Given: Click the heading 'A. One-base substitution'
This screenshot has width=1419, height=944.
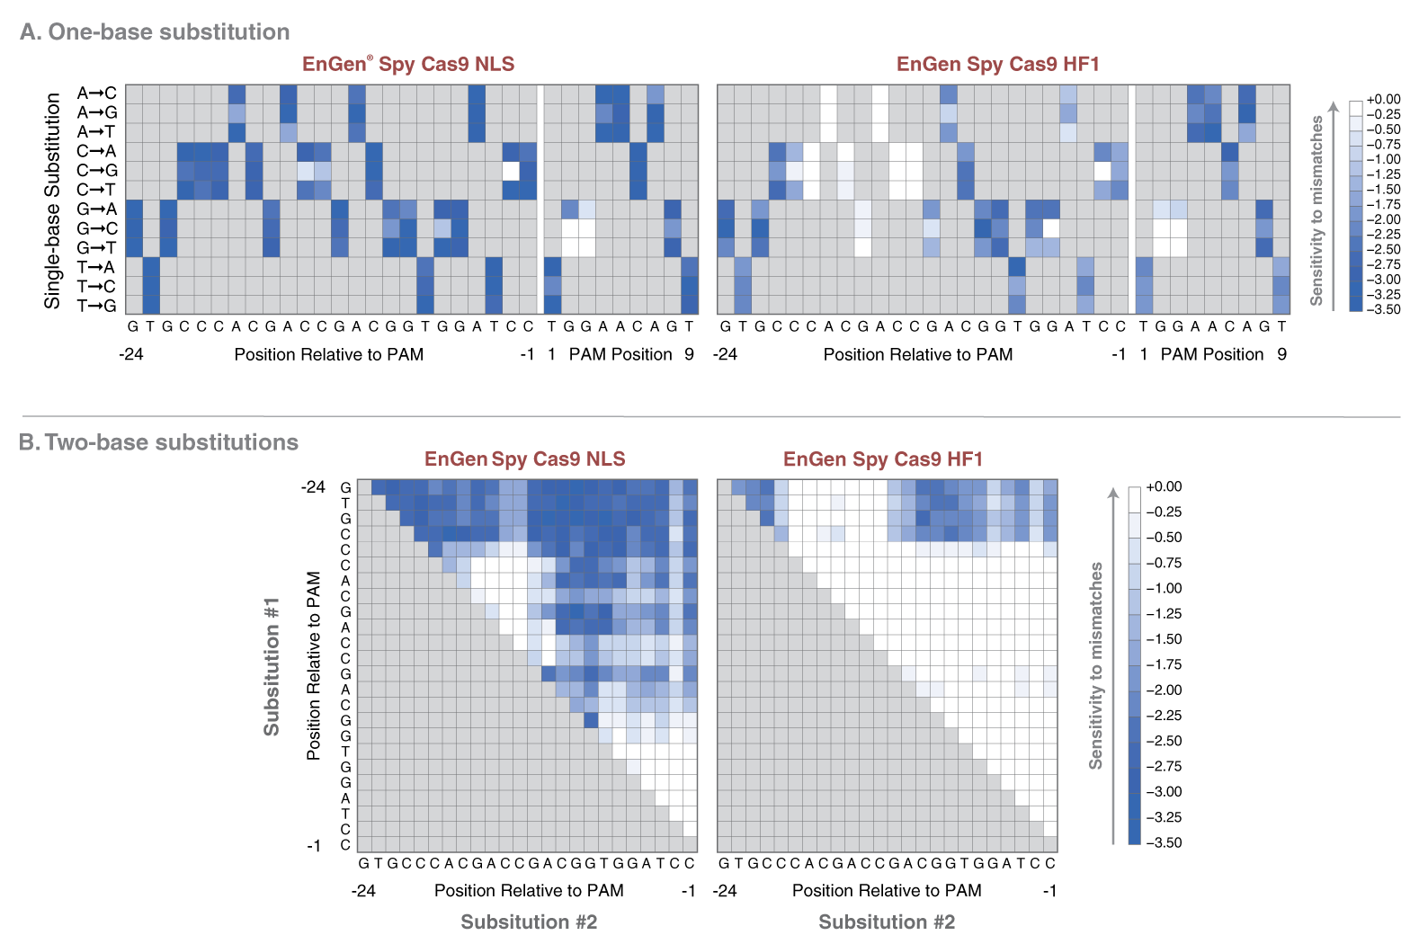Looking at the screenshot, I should [155, 32].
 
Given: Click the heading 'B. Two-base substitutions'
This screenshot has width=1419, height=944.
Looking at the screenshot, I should [158, 442].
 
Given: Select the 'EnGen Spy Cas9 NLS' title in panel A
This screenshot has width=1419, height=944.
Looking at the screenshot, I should [408, 64].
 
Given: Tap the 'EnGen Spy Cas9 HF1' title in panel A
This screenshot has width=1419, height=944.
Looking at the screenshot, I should [997, 64].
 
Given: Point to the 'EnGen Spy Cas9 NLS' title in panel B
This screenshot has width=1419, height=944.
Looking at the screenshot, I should [524, 459].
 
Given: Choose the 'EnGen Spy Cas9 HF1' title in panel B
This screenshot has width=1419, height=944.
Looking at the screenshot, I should [882, 459].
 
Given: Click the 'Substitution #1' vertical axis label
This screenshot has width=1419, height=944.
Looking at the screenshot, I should [272, 666].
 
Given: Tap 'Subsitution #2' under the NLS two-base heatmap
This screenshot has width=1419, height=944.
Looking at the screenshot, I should [529, 922].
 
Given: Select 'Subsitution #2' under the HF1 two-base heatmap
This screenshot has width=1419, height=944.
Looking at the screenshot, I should [887, 922].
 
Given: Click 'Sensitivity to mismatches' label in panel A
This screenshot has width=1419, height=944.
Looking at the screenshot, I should [1316, 210].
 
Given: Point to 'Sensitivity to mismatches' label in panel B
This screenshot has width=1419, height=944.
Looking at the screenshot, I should [1095, 665].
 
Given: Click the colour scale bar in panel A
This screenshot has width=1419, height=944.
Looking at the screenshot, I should [1356, 207].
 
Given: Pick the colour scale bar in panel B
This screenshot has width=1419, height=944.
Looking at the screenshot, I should [1134, 665].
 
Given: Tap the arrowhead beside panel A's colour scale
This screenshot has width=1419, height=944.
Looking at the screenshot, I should [1334, 107].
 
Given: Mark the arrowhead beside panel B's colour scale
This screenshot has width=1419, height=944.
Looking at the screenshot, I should [1113, 493].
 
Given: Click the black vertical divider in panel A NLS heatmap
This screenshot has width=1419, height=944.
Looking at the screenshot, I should [540, 200].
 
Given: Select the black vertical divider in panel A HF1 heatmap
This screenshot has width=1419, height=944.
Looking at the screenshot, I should [1131, 200].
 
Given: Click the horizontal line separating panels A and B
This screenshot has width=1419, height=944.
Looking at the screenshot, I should [710, 417].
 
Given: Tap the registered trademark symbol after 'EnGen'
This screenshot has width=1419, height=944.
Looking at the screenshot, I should [370, 58].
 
